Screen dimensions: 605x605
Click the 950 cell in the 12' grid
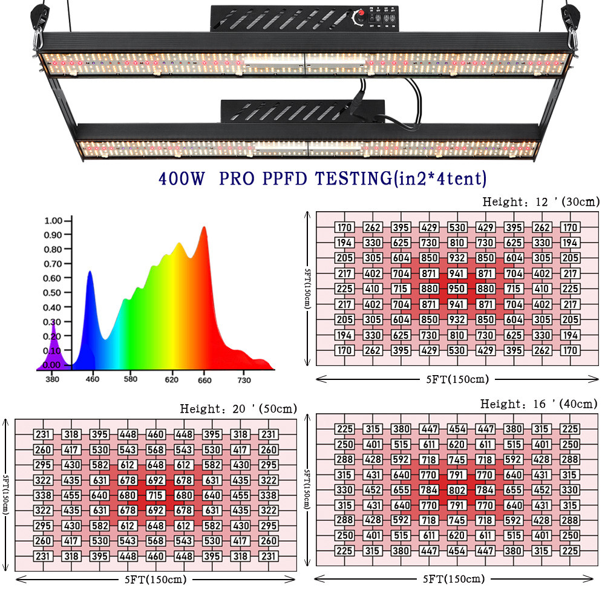point(457,289)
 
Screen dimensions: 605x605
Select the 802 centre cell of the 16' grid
point(457,489)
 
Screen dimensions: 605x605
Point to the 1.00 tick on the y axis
point(53,220)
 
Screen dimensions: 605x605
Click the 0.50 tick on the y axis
point(53,293)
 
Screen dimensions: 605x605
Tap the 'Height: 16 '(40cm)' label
point(538,404)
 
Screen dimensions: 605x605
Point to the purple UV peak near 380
point(53,327)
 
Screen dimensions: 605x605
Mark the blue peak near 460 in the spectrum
point(90,274)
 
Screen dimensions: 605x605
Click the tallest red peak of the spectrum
point(204,229)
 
